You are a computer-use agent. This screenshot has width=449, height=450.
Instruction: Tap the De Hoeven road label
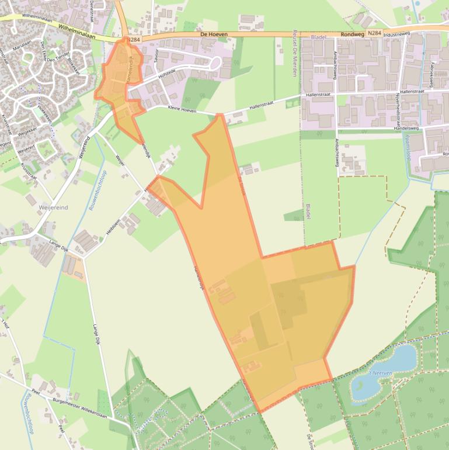click(214, 34)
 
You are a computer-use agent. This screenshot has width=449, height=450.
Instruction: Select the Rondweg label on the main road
click(352, 34)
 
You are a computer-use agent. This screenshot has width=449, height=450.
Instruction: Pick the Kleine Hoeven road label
click(182, 109)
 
